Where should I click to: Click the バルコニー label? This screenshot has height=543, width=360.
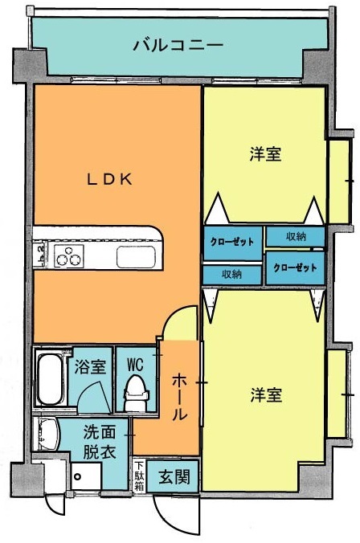click(178, 44)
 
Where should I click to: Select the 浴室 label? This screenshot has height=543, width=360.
click(90, 367)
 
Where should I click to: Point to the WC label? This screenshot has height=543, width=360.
click(134, 364)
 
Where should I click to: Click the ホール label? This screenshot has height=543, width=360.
click(181, 398)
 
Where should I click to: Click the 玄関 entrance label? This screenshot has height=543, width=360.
click(173, 477)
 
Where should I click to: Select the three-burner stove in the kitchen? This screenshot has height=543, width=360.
click(69, 258)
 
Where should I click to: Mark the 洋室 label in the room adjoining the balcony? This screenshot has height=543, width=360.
click(264, 155)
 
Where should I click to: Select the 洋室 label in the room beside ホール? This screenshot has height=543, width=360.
click(265, 395)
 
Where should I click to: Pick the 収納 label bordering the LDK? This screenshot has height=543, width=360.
click(232, 275)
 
